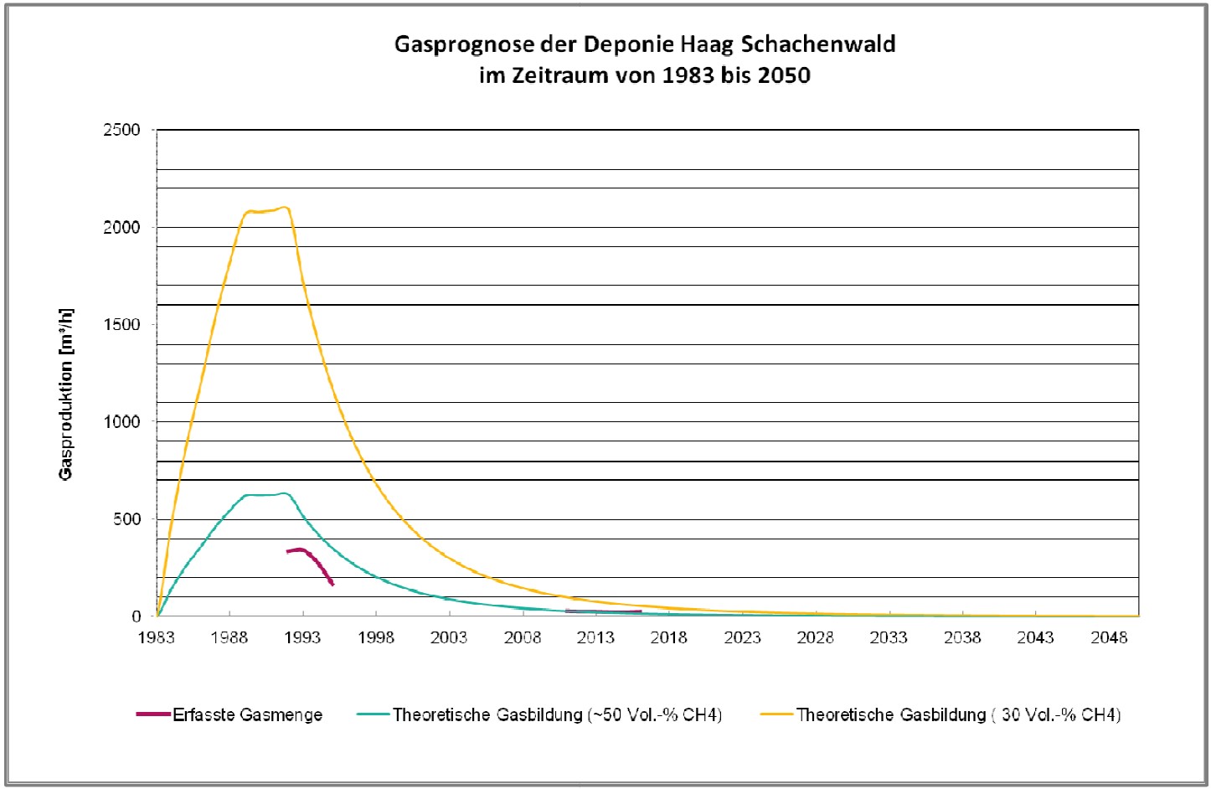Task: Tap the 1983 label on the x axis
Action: (157, 638)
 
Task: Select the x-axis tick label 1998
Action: (376, 638)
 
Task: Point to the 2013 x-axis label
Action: (595, 638)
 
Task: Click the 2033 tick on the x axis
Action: (889, 638)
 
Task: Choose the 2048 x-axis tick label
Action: (1109, 638)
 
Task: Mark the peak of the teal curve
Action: (284, 493)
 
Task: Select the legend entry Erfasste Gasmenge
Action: (248, 715)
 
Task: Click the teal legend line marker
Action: (373, 715)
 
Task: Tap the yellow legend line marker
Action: (776, 715)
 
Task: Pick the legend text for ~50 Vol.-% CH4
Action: (557, 715)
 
